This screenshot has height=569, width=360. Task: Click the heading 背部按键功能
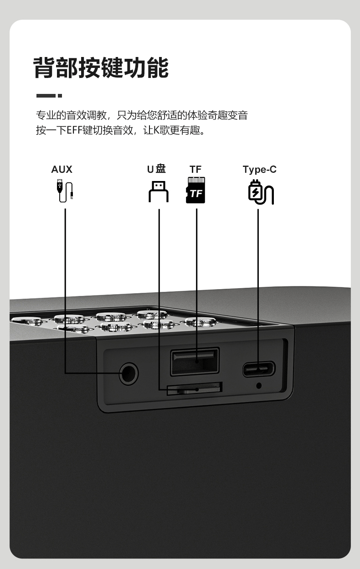click(101, 68)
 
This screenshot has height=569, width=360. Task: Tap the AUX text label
click(62, 170)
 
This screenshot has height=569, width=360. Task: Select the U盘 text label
click(156, 169)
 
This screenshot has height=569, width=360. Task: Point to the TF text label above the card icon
click(195, 170)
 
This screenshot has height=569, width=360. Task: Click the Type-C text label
click(259, 170)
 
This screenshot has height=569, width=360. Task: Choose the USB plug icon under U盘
click(159, 191)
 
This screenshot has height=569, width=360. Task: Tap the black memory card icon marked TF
click(196, 190)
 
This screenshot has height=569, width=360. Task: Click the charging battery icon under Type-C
click(260, 192)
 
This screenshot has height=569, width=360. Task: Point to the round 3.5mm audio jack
click(129, 374)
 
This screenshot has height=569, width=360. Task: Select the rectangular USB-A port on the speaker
click(195, 361)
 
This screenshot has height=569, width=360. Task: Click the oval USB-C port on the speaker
click(259, 368)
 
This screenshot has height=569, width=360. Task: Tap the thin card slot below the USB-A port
click(195, 388)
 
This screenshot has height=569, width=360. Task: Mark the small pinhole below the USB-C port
click(259, 386)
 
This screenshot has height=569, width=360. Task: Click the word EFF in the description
click(75, 130)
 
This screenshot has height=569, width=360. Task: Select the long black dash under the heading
click(46, 96)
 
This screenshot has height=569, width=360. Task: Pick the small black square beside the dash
click(60, 96)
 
